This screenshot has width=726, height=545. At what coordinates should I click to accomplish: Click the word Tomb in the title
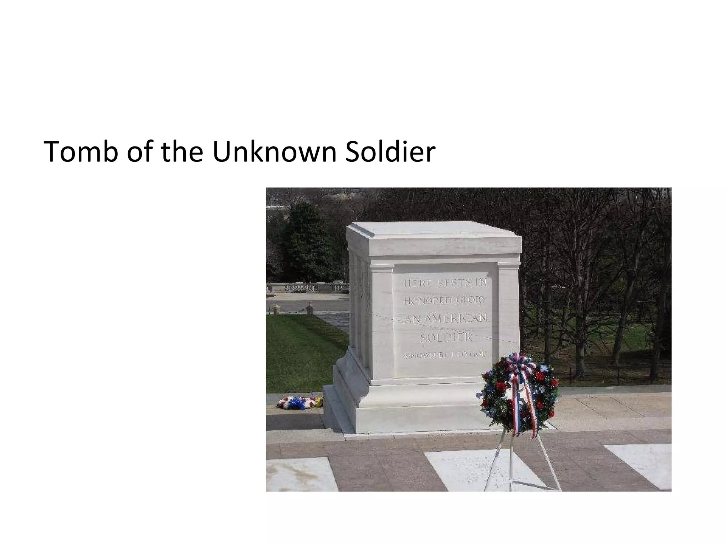coord(80,152)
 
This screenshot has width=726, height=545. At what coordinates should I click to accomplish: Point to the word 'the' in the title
coord(181,152)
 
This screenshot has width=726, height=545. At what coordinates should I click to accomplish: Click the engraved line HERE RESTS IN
coord(446,283)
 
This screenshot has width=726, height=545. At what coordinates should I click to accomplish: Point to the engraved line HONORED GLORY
coord(445,301)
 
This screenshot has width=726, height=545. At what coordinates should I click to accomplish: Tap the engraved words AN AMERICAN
coord(446,319)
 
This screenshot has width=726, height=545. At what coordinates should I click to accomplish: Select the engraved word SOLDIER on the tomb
coord(446,337)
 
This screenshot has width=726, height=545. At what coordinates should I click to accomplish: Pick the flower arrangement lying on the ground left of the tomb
coord(300,402)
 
